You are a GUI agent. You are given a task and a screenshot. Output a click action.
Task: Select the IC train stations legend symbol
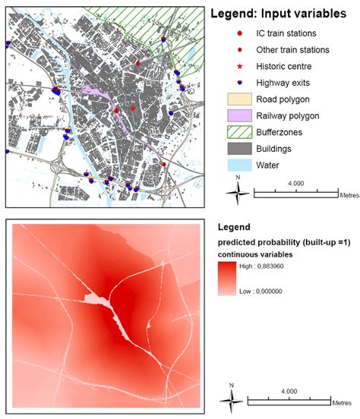click(x=240, y=33)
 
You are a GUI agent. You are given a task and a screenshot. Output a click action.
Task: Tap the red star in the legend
click(x=240, y=66)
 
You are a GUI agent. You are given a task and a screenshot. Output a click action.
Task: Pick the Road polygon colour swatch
click(x=239, y=99)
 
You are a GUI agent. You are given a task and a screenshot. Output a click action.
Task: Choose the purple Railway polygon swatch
click(x=239, y=115)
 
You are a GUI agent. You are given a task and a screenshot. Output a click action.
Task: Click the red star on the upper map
click(x=132, y=109)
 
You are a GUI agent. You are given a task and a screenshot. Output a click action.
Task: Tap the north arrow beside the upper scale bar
click(x=238, y=193)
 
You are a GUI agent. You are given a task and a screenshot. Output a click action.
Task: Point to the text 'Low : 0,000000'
click(x=279, y=291)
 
